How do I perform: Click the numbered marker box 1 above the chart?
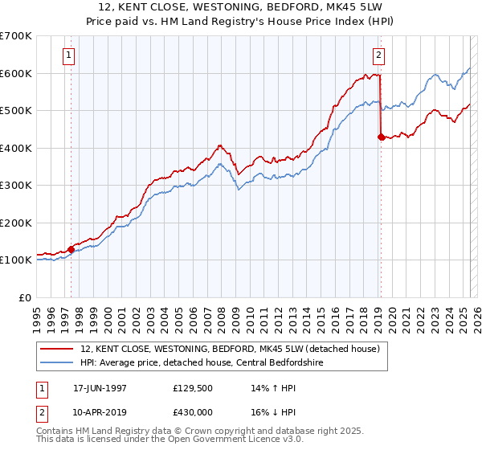(69, 55)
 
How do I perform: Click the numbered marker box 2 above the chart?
(378, 55)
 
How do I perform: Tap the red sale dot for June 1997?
(71, 249)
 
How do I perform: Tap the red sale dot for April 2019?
(381, 137)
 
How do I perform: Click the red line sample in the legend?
(56, 349)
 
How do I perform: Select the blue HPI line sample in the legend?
(56, 362)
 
